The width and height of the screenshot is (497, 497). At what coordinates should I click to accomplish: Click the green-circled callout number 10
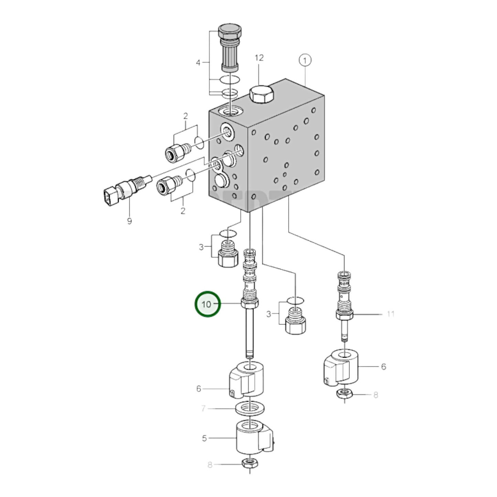(207, 304)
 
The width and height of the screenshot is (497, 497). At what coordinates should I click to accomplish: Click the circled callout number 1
(305, 61)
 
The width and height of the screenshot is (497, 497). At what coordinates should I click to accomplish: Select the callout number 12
(259, 58)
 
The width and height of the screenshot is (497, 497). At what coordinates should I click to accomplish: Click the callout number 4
(198, 63)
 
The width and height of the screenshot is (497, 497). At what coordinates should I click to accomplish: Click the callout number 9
(129, 221)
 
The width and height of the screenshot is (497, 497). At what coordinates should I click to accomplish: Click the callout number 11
(390, 314)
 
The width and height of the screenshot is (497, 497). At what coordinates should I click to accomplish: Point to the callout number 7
(203, 409)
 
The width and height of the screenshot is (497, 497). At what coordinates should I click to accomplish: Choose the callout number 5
(204, 438)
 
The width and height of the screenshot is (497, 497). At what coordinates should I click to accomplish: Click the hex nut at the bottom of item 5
(248, 464)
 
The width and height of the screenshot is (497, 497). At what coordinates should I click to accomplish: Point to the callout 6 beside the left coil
(198, 389)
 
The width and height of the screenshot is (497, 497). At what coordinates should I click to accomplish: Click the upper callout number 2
(185, 116)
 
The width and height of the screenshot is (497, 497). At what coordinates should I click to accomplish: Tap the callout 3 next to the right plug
(269, 314)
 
